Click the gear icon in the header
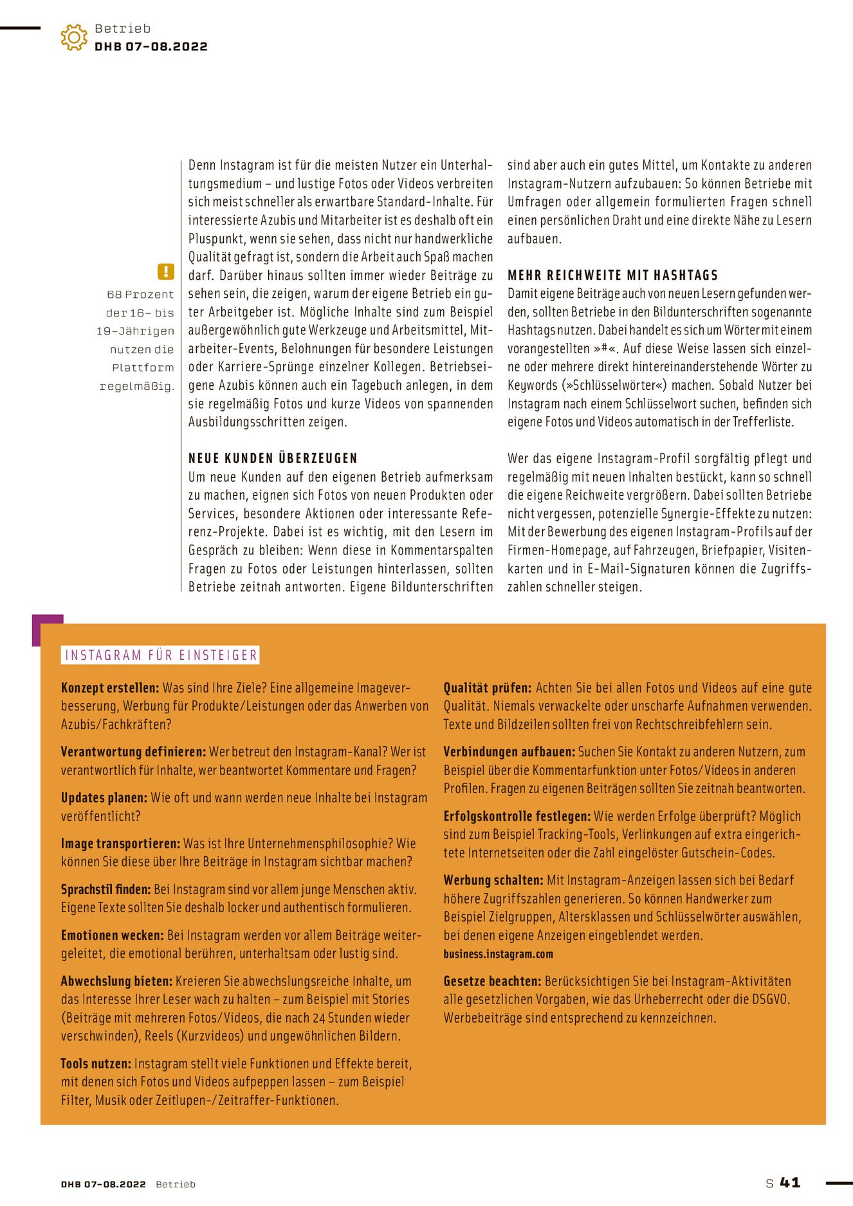74,37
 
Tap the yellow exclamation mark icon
165,271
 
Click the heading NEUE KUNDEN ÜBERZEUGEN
273,459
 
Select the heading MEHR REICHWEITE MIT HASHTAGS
612,275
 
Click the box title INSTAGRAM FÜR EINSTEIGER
161,655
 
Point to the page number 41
790,1182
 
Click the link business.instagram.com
498,954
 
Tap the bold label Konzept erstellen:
110,688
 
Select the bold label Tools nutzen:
96,1064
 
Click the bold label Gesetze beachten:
492,982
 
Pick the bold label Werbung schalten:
493,880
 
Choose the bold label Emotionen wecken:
113,935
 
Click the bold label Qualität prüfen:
488,688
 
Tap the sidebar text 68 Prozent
140,295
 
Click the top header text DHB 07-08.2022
151,46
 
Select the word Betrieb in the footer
176,1184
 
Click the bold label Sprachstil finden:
105,890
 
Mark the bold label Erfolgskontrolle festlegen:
517,816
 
